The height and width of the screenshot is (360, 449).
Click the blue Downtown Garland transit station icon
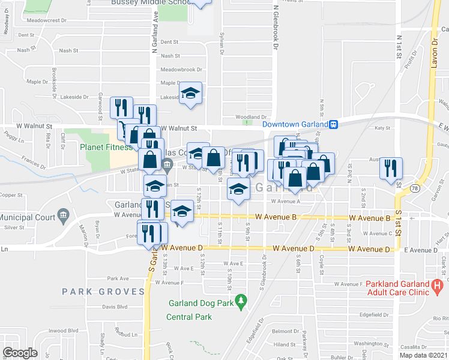(x=333, y=124)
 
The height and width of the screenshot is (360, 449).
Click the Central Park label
(x=189, y=316)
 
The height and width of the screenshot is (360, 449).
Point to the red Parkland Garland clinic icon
(x=438, y=284)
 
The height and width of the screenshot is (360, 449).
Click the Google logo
(x=20, y=353)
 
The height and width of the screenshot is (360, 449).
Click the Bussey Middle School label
(x=150, y=2)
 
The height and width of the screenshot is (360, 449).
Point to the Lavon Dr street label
(x=436, y=54)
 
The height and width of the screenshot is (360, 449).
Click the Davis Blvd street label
(x=115, y=307)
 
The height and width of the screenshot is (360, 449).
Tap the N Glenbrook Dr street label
(x=276, y=25)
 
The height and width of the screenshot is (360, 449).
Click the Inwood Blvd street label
(x=65, y=330)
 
